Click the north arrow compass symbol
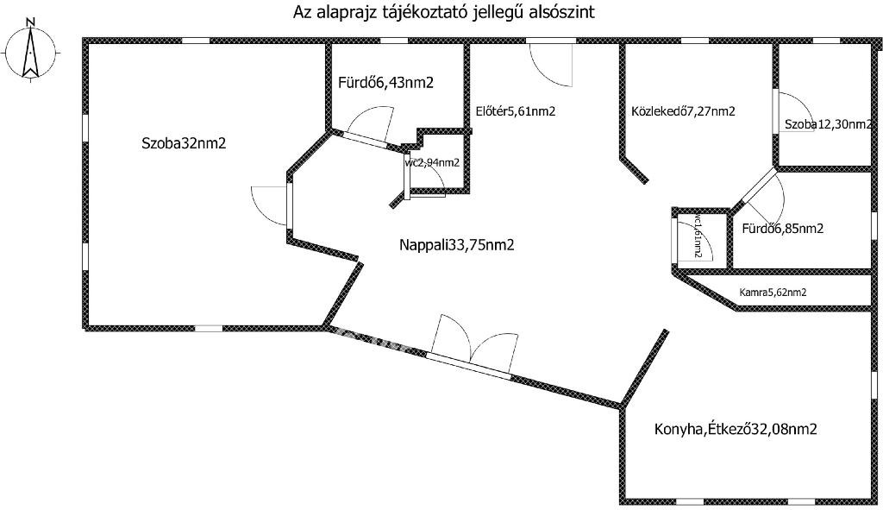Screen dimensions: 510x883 pyautogui.click(x=31, y=52)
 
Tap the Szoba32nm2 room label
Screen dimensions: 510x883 pyautogui.click(x=184, y=144)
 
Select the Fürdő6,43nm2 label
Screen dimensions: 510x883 pyautogui.click(x=385, y=83)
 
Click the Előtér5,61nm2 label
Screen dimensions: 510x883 pyautogui.click(x=515, y=111)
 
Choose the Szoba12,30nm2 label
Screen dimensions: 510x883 pyautogui.click(x=827, y=125)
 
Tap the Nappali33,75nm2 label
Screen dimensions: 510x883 pyautogui.click(x=456, y=245)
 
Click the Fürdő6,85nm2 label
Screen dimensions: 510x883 pyautogui.click(x=782, y=229)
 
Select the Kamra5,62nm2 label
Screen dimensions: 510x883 pyautogui.click(x=773, y=293)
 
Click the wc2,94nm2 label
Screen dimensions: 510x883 pyautogui.click(x=432, y=161)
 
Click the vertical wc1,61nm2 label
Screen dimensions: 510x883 pyautogui.click(x=697, y=237)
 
